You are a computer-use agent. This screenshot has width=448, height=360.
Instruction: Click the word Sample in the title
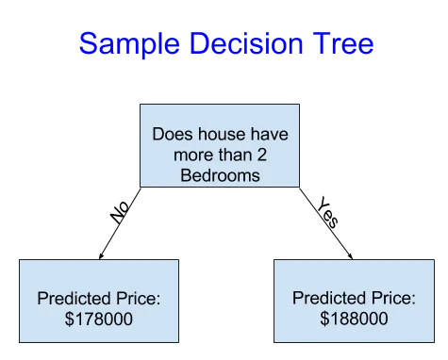[129, 43]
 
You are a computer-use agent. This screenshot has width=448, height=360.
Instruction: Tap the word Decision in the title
[246, 42]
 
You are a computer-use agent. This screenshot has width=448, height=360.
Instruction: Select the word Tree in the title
[343, 42]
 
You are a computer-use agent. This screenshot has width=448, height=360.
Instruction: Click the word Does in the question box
[173, 134]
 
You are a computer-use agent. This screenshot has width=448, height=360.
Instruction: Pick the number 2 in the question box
[262, 155]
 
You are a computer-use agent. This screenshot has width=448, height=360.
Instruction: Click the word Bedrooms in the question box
[221, 175]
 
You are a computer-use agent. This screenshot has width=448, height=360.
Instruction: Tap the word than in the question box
[235, 155]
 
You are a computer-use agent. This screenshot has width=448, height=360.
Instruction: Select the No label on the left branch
[120, 212]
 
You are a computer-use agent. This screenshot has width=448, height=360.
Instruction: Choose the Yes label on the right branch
[328, 212]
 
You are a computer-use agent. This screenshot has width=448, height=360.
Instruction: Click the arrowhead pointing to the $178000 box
[101, 256]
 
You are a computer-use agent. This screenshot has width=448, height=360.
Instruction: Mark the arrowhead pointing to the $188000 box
[350, 256]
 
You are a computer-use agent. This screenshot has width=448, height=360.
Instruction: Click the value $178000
[99, 319]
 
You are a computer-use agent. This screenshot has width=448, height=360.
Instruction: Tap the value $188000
[354, 319]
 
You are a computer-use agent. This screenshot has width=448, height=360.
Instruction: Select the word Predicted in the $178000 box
[74, 298]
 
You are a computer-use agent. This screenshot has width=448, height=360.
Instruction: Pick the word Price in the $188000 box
[393, 298]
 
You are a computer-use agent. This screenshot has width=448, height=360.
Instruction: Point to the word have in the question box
[270, 134]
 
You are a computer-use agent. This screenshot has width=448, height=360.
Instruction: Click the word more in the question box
[193, 155]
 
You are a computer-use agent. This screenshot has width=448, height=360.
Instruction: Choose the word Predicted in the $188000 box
[329, 298]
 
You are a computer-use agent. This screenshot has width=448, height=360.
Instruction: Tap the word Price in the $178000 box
[139, 298]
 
